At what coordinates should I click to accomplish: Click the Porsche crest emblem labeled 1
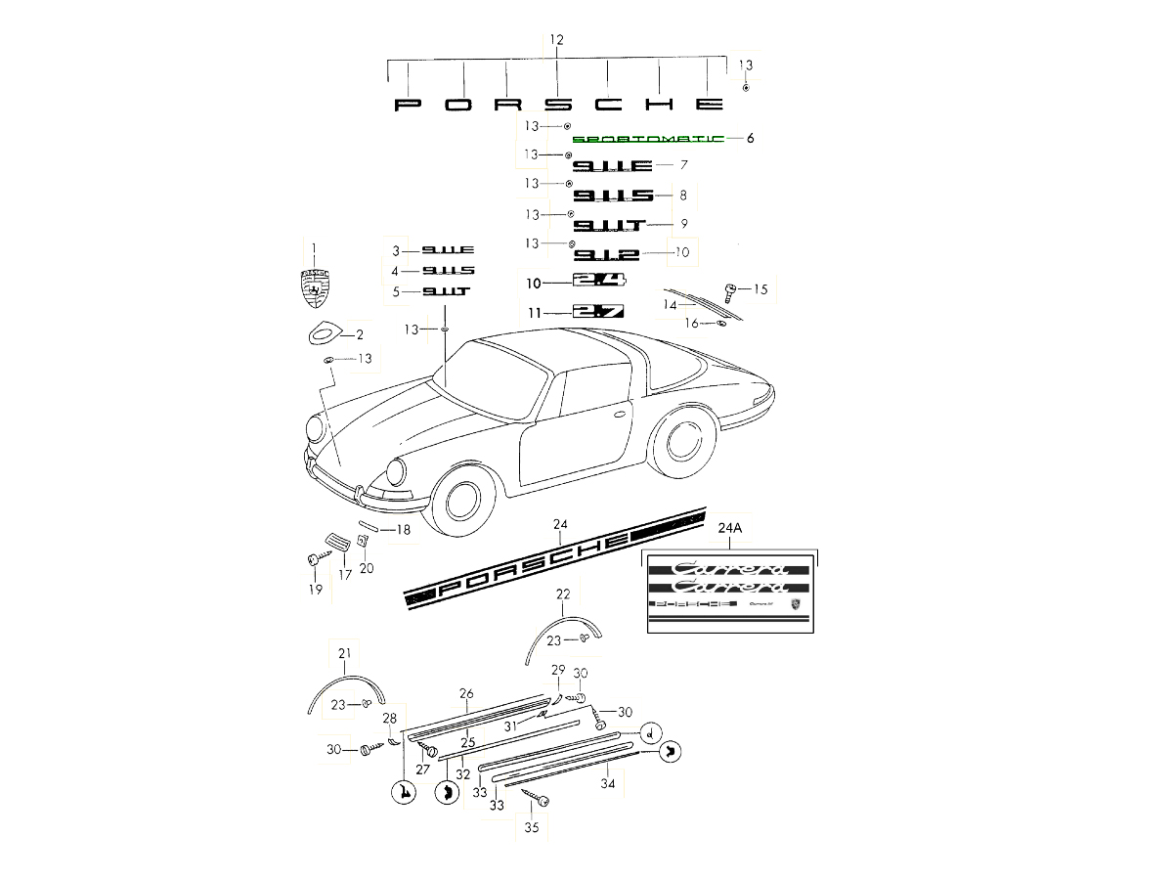point(315,285)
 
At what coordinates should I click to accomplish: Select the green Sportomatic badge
point(648,139)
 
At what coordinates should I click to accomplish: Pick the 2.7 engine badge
point(598,312)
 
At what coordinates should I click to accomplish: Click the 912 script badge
point(606,255)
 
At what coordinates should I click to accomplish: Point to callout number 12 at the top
point(556,40)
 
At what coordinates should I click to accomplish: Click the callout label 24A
point(730,528)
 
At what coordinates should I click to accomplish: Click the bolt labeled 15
point(728,289)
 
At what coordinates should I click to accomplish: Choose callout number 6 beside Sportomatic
point(750,139)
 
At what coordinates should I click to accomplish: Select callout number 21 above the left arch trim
point(344,653)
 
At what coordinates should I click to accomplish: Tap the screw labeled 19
point(313,560)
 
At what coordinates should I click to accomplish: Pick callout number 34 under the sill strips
point(608,783)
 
